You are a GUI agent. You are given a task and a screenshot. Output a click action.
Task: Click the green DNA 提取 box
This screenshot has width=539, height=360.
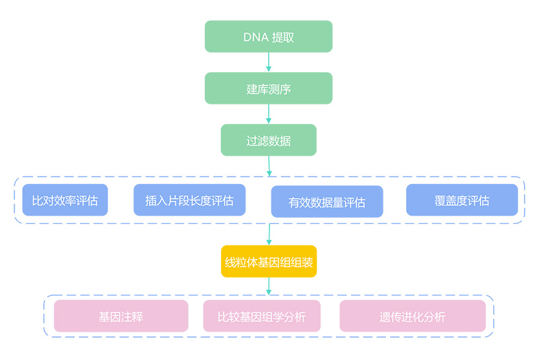[x=268, y=36]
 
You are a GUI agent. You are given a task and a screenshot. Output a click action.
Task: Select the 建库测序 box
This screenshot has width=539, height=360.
[x=268, y=88]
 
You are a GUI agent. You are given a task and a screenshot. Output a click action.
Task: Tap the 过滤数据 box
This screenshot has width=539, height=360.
[x=268, y=140]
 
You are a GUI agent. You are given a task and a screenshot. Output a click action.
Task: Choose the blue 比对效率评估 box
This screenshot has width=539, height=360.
[x=65, y=200]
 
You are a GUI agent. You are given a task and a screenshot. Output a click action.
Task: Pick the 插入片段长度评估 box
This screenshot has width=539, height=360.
[x=189, y=200]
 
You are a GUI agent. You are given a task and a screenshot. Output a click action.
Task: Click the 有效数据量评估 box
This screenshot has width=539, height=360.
[x=327, y=202]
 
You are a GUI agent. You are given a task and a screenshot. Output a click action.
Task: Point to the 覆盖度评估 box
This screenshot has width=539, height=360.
[x=462, y=200]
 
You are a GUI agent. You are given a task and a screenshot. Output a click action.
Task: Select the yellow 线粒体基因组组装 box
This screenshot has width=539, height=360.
[x=268, y=262]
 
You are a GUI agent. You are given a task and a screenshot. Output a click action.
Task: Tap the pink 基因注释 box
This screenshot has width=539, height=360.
[x=121, y=316]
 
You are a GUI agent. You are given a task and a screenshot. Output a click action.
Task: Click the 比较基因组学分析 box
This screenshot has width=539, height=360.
[x=261, y=316]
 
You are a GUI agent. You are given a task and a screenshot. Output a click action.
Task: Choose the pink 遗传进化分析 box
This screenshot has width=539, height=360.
[x=412, y=316]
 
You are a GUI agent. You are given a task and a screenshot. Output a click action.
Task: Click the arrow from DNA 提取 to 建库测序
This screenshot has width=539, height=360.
[x=268, y=62]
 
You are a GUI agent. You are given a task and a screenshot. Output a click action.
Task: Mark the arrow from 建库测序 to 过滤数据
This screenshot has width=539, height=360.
[x=268, y=114]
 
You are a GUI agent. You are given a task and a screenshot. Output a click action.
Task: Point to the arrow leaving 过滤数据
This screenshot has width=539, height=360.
[x=269, y=167]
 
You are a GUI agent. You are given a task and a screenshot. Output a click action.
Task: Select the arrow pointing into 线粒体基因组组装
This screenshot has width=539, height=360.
[x=269, y=235]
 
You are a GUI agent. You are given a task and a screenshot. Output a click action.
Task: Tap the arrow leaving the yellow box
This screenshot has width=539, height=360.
[x=268, y=286]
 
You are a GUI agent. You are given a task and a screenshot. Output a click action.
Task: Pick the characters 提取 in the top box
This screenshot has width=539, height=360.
[x=283, y=37]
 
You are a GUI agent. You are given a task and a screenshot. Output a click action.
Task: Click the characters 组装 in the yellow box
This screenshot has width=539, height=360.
[x=302, y=262]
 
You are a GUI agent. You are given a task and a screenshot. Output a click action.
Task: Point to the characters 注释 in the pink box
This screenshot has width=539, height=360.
[x=132, y=317]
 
